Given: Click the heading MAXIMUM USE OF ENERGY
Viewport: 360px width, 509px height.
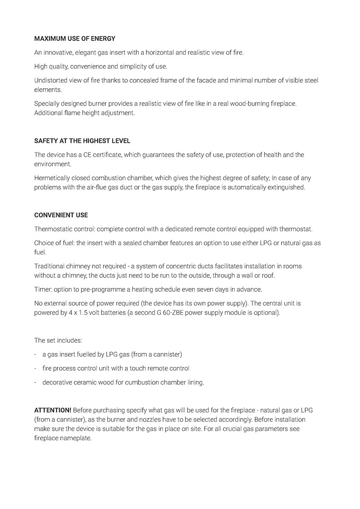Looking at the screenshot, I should tap(74, 39).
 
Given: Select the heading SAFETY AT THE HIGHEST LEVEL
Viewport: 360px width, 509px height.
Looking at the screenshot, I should tap(82, 141).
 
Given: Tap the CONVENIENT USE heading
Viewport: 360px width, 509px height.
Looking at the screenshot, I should tap(61, 215).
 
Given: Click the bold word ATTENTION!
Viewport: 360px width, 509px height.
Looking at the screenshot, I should tap(53, 410).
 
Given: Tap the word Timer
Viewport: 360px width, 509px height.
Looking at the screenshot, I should tap(42, 289).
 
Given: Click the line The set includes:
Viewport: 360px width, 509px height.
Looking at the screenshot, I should tap(58, 340).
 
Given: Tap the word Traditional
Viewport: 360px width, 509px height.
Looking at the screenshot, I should tap(49, 266).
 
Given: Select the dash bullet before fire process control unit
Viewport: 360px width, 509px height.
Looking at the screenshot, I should tap(36, 368).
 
